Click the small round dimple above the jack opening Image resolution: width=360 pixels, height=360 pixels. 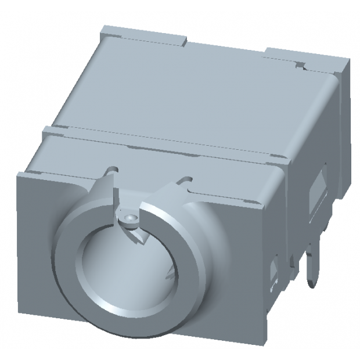tap(131, 217)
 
